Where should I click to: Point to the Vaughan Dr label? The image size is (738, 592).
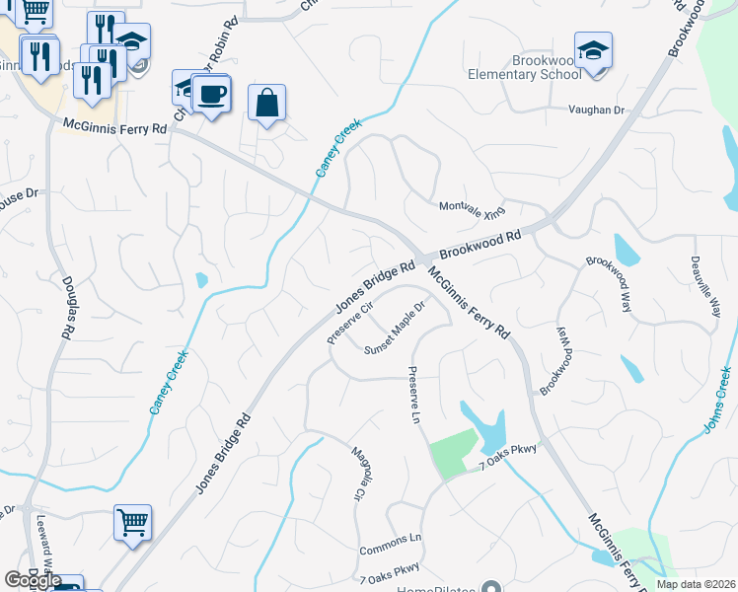pos(596,110)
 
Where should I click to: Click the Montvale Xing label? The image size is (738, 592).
pos(472,208)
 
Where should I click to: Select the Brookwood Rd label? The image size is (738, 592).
pos(480,246)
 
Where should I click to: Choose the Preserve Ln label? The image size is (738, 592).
pos(413,392)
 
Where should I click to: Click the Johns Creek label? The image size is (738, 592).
pos(717,400)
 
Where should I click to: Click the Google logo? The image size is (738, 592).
pos(32,580)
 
